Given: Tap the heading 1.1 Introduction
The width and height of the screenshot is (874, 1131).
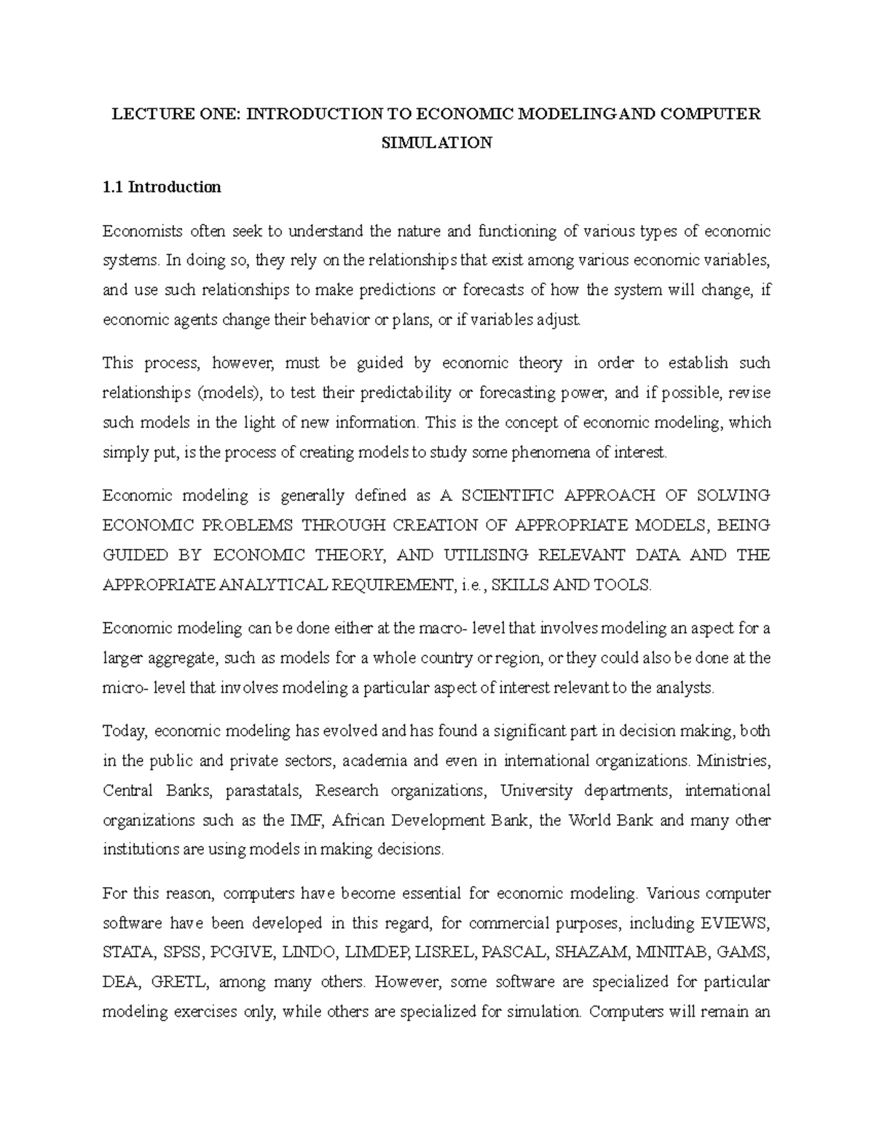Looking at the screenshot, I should click(x=162, y=187).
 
